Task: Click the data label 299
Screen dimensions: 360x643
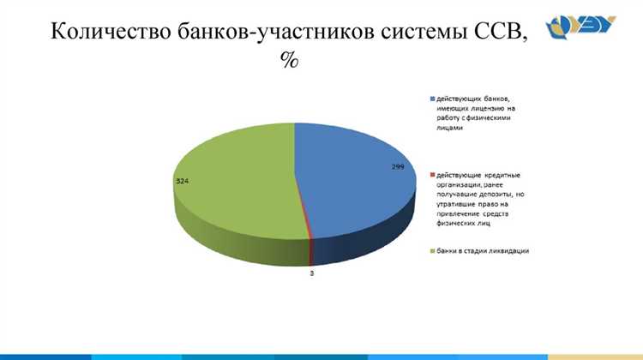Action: click(x=398, y=165)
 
